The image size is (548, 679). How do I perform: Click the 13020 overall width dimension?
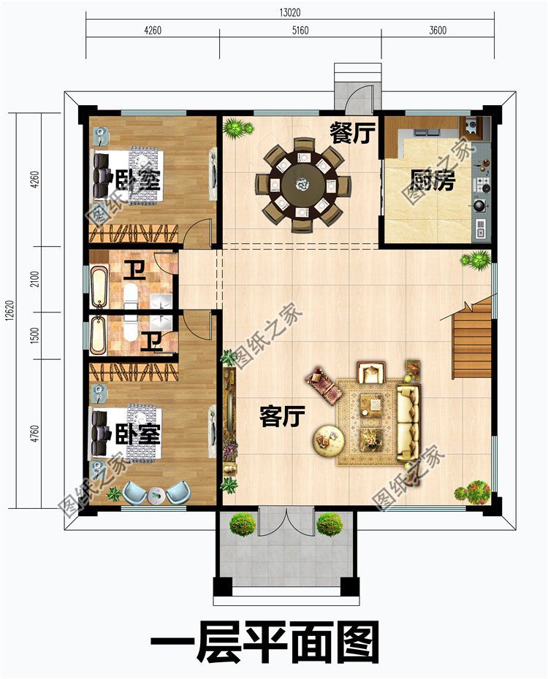(289, 12)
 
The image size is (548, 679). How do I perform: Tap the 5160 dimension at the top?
(300, 31)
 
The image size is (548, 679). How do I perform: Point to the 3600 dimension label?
(437, 31)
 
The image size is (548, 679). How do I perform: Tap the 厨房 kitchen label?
(432, 180)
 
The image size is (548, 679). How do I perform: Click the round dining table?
(300, 185)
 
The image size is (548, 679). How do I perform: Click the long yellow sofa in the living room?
(408, 423)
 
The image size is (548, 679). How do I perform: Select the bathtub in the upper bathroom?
(99, 287)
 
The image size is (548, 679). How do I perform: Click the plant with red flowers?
(478, 491)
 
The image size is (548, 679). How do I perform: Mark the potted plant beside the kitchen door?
(478, 258)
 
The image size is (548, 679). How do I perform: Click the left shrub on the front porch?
(242, 523)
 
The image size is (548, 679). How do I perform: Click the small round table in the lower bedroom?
(156, 495)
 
